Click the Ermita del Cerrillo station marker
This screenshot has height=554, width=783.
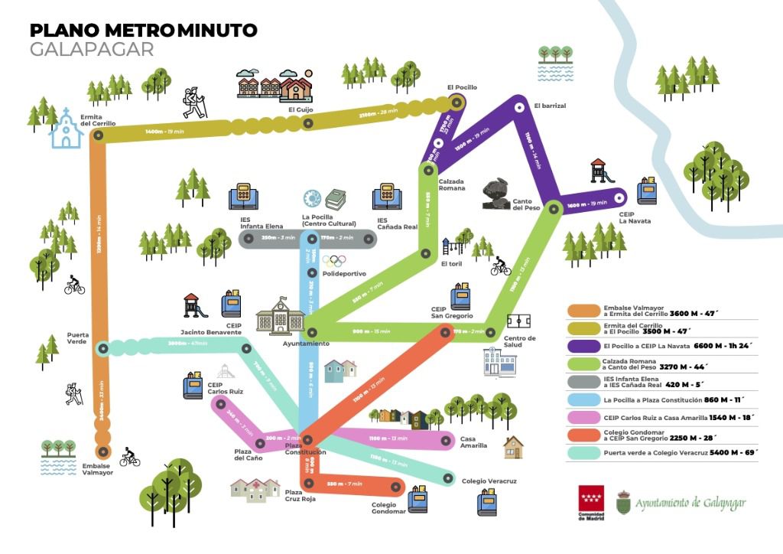(x=98, y=135)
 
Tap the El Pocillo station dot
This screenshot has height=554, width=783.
(x=457, y=102)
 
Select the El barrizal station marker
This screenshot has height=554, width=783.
(x=518, y=107)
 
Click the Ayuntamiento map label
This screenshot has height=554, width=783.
(x=307, y=344)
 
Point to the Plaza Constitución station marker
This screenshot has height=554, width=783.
(x=307, y=440)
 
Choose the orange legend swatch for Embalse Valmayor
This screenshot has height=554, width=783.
(x=583, y=311)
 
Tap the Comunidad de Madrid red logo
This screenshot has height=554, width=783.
(x=590, y=498)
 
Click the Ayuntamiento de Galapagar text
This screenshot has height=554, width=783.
(x=690, y=503)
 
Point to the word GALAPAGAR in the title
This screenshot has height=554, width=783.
(x=92, y=50)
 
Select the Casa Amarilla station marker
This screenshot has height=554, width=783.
(x=447, y=440)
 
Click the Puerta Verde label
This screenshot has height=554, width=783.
(x=78, y=337)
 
